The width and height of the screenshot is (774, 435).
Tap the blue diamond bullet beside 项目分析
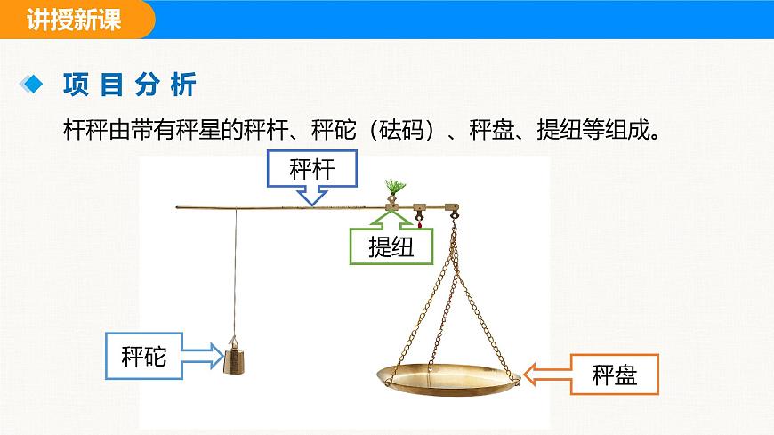[x=31, y=84]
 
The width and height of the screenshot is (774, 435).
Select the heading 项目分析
[x=130, y=84]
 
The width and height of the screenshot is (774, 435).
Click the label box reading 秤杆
[x=312, y=168]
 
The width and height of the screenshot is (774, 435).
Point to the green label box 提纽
[x=391, y=246]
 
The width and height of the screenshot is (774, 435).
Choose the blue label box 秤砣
[x=144, y=356]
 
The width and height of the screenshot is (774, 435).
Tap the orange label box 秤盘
[x=615, y=375]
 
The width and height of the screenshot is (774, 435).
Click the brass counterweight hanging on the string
[x=235, y=358]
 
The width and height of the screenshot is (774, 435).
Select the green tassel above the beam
[x=395, y=187]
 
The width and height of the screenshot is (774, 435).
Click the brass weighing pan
[x=448, y=380]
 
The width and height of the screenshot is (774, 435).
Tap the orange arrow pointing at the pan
[x=547, y=375]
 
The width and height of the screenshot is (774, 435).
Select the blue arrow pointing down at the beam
[x=312, y=196]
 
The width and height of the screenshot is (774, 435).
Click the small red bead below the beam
[x=420, y=225]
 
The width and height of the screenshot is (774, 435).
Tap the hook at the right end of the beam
[x=453, y=213]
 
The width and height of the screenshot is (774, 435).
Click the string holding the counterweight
[x=236, y=272]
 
